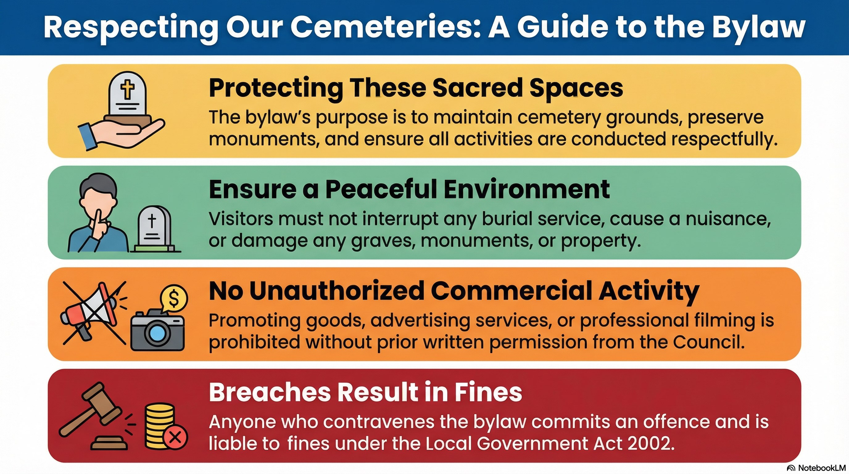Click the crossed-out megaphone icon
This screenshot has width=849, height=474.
(x=94, y=313)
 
